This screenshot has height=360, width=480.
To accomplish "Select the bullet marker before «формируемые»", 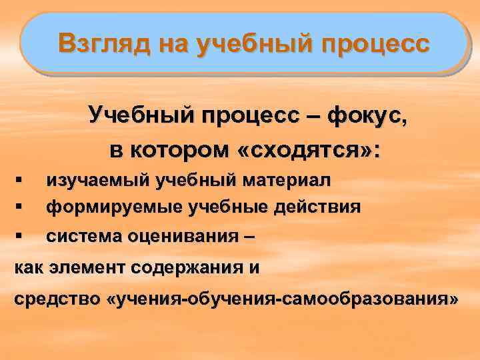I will (19, 207).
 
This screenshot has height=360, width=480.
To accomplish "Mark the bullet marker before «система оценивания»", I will (19, 235).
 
